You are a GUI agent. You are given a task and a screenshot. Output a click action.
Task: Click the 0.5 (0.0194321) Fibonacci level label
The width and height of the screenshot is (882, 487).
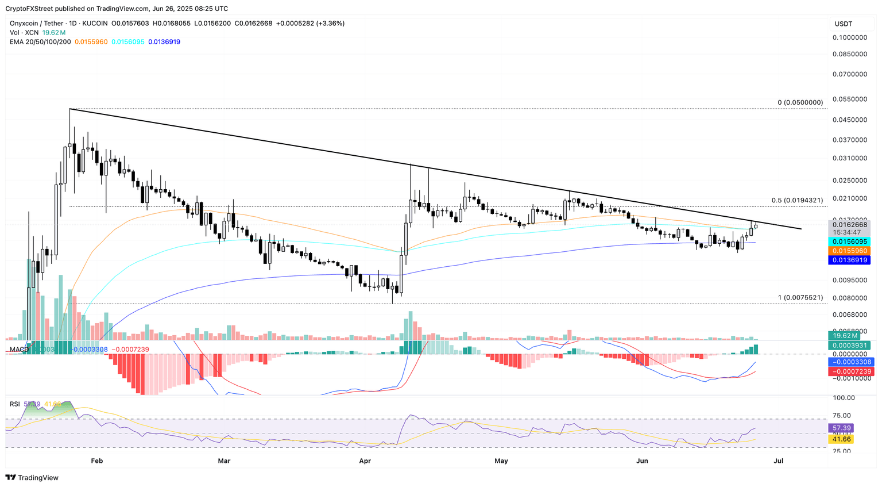[797, 200]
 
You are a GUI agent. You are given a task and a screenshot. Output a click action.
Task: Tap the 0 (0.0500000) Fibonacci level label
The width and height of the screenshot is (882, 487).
[800, 102]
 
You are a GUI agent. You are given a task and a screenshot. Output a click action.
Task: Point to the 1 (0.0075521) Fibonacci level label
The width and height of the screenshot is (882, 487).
[800, 297]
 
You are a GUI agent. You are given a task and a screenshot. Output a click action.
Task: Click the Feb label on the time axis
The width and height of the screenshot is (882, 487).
[97, 461]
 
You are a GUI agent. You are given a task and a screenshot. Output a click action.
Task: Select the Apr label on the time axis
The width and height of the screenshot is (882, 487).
[365, 461]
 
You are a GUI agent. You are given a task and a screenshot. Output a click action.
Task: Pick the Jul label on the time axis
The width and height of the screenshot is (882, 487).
[779, 461]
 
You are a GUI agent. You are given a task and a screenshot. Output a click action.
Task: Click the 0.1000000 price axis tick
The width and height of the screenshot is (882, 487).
[850, 37]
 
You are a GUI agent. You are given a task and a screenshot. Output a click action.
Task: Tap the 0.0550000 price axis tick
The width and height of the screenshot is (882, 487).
[850, 99]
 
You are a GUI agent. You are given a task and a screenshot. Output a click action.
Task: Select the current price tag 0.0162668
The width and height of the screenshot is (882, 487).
[850, 225]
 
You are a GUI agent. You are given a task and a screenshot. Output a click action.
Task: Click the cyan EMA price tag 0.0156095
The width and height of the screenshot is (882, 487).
[850, 241]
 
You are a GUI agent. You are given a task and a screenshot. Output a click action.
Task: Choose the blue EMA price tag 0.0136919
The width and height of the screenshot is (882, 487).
[850, 260]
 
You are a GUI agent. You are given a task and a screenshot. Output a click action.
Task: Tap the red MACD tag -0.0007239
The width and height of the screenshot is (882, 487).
[850, 371]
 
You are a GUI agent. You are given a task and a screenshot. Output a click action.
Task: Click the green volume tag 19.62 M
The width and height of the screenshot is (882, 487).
[846, 335]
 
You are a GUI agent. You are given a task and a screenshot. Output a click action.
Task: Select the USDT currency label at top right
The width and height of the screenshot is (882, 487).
[844, 24]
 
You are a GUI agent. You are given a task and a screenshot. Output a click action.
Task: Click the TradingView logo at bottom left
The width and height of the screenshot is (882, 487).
[32, 477]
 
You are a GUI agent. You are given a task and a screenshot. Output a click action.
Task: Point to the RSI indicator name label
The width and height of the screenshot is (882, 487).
[15, 404]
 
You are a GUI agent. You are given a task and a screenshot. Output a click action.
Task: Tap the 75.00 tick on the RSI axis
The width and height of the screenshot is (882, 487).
[843, 416]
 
